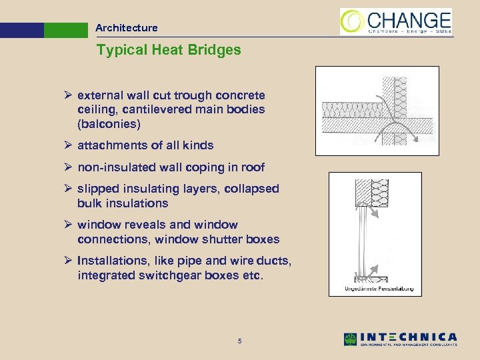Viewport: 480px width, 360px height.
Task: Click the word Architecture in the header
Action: pos(126,28)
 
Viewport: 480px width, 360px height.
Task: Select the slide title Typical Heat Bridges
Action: pos(168,50)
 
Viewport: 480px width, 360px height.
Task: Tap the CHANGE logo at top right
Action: pos(396,21)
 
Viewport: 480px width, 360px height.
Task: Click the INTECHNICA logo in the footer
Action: pos(400,339)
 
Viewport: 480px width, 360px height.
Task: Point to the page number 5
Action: pos(239,342)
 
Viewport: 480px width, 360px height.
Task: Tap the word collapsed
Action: pos(251,189)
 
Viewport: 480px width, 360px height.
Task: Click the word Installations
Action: pos(111,261)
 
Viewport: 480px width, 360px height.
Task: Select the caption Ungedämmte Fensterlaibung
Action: pos(379,289)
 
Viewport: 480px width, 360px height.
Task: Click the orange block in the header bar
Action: pos(22,31)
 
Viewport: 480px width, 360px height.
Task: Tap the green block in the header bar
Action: pos(66,31)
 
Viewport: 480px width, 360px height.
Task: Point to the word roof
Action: pos(253,167)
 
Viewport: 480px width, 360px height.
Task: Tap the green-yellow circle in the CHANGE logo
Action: pos(352,21)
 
